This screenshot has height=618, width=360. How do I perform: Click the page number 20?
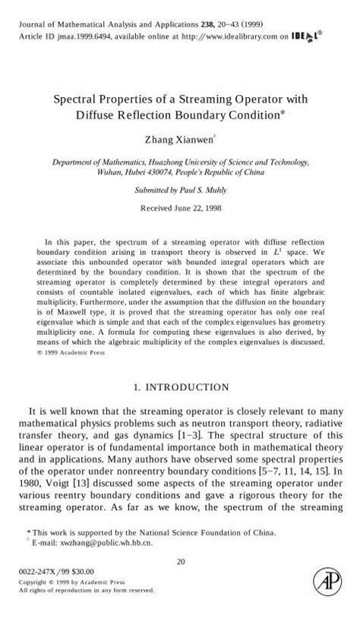(180, 561)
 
